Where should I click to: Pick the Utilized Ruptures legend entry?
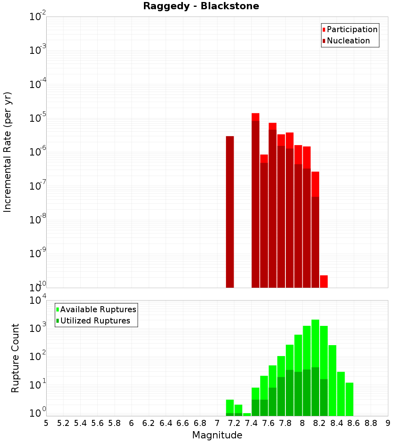click(95, 321)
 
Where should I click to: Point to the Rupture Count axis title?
click(15, 358)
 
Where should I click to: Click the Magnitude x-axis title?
click(217, 435)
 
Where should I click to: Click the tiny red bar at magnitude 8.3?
click(324, 281)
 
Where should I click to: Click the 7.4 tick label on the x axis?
click(251, 423)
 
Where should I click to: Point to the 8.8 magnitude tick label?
click(371, 423)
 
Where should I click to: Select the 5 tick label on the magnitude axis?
click(46, 423)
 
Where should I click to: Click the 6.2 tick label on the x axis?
click(149, 423)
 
